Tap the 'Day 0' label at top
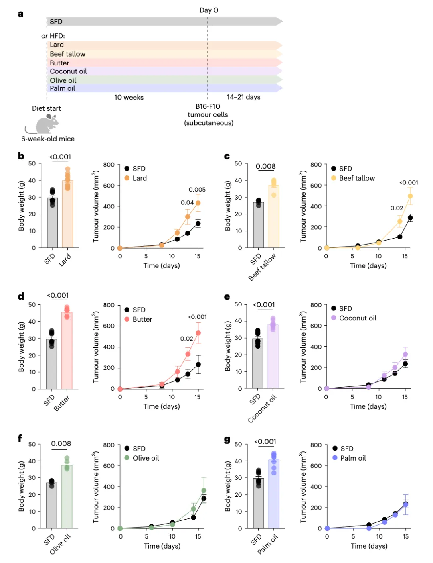[209, 10]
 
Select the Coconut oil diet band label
[68, 71]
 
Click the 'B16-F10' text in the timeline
[208, 106]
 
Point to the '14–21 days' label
[243, 97]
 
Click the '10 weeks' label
[129, 97]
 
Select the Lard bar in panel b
[67, 214]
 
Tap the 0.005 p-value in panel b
[197, 190]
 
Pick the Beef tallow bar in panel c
[273, 216]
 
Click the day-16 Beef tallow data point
[410, 196]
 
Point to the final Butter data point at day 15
[198, 333]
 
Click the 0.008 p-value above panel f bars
[61, 444]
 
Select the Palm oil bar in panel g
[274, 494]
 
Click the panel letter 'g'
[227, 440]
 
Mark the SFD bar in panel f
[52, 506]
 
